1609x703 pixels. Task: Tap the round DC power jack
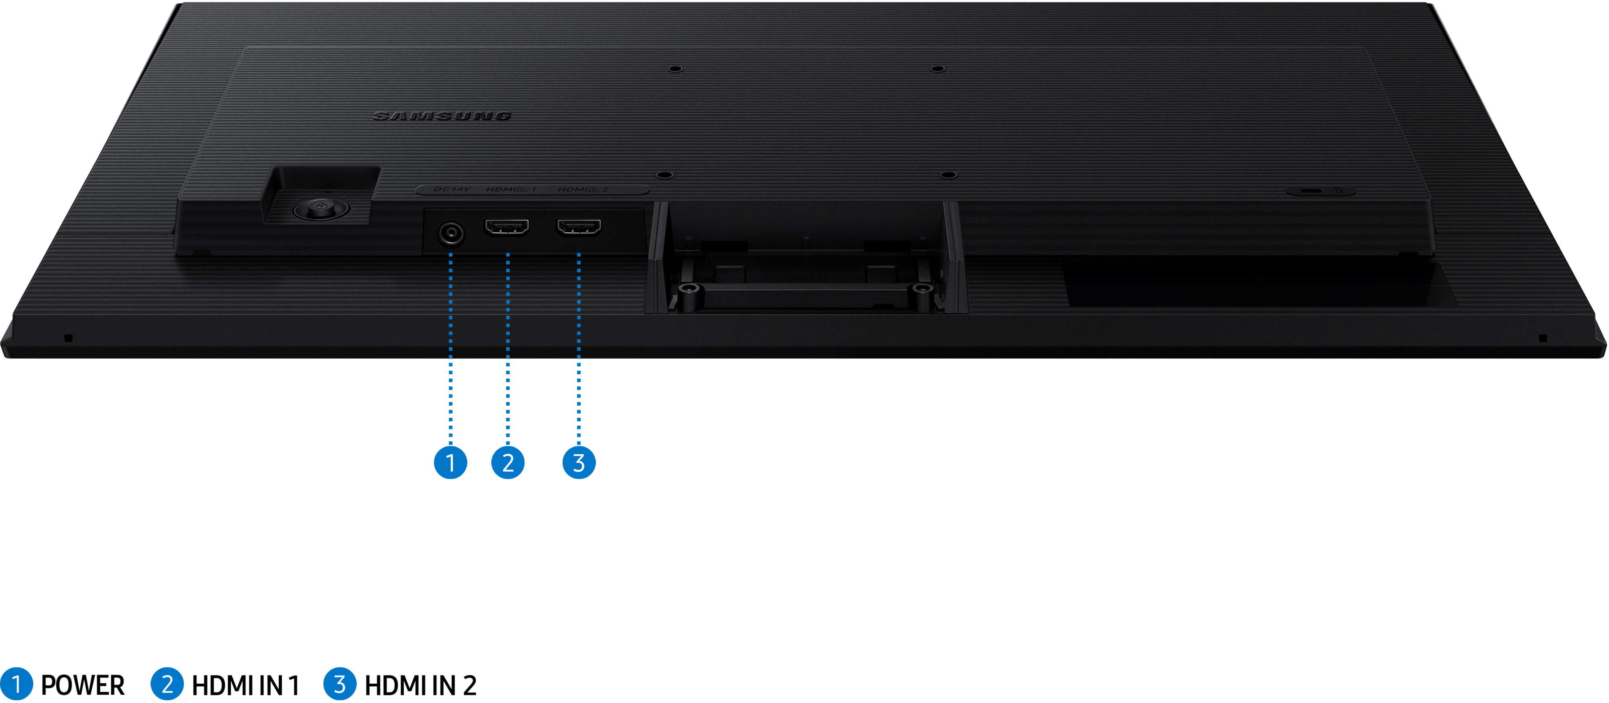451,234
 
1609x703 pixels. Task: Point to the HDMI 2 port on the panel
579,227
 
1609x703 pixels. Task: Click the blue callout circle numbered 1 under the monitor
451,462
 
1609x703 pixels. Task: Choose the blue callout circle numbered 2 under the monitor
508,462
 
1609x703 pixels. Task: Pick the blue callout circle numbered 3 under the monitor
579,462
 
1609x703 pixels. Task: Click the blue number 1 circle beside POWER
16,684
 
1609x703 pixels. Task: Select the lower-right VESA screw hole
948,175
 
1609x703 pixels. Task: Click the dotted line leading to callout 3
579,350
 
